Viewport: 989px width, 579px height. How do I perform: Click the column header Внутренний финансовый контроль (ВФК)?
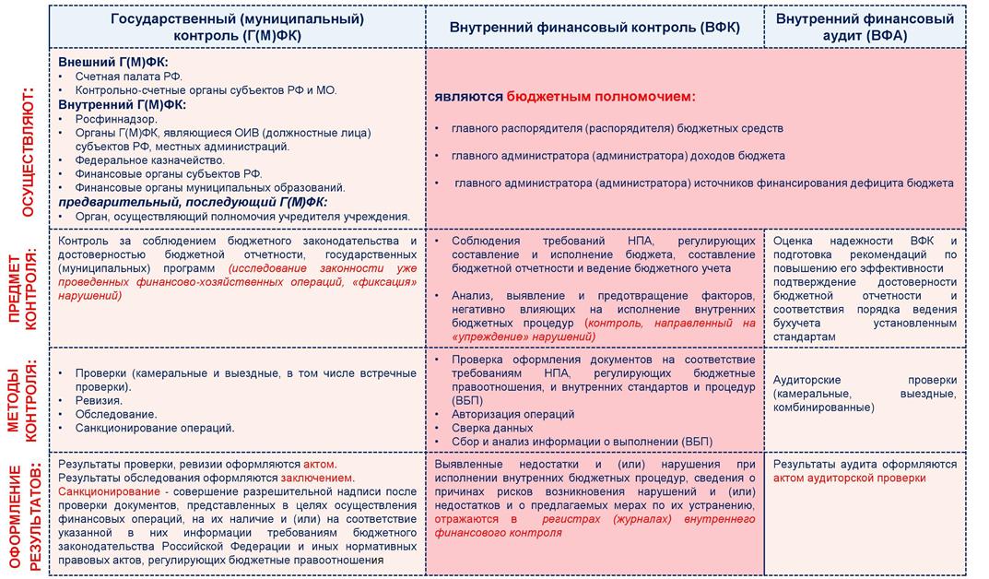(x=595, y=28)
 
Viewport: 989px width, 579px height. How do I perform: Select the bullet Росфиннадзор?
(x=116, y=119)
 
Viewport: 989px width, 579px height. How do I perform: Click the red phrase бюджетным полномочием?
(x=600, y=96)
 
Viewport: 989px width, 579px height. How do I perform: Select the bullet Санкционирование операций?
(x=155, y=428)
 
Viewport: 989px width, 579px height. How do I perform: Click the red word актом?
(x=321, y=465)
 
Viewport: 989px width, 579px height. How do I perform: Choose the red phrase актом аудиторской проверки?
(x=850, y=479)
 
